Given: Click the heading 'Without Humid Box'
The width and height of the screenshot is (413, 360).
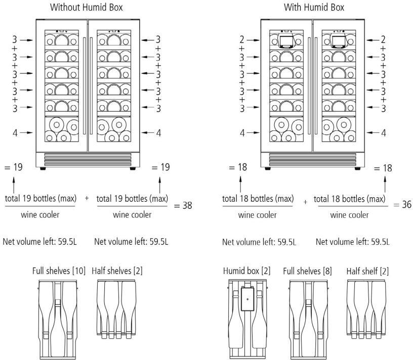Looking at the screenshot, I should coord(86,8).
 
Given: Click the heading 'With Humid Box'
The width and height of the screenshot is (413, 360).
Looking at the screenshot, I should coord(314,8).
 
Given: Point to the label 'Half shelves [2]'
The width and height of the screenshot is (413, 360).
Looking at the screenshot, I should coord(117,271).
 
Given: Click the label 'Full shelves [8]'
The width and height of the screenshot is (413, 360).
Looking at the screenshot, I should coord(308,271).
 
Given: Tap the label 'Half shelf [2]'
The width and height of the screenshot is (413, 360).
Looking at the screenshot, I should coord(368,271).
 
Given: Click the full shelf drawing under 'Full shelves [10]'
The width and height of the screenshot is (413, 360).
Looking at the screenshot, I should coord(58,319).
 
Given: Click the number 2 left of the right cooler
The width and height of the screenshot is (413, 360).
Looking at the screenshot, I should coord(242,39).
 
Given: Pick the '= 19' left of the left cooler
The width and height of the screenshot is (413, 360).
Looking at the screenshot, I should coord(13,167).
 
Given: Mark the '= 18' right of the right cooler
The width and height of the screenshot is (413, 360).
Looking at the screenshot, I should coord(384,167).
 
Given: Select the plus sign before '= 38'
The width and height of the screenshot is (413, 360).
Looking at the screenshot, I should coord(87,199).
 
